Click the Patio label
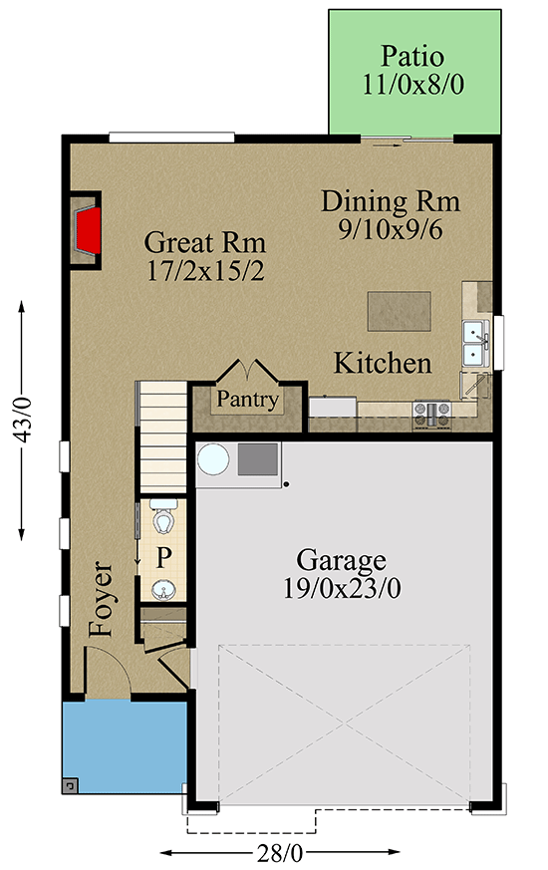click(x=411, y=56)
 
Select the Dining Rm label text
click(x=390, y=201)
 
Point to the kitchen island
click(x=399, y=310)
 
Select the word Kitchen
click(x=382, y=364)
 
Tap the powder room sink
click(x=163, y=590)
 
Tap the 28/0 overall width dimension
click(x=281, y=853)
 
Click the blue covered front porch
click(x=125, y=747)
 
